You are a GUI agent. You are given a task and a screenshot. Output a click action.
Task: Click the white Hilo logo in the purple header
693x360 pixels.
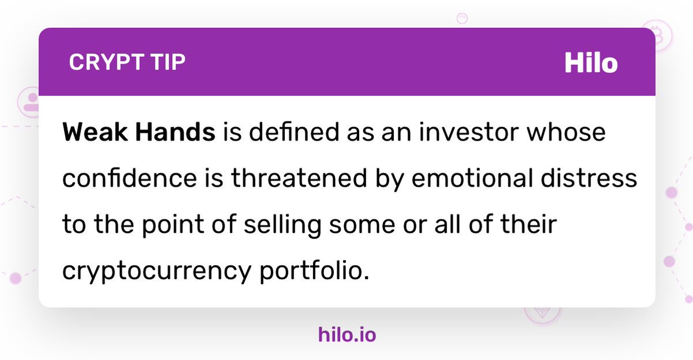click(591, 63)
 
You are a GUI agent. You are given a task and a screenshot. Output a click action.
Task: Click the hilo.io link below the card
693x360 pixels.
click(346, 335)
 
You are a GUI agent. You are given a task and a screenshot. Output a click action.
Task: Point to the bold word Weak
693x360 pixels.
click(95, 132)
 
